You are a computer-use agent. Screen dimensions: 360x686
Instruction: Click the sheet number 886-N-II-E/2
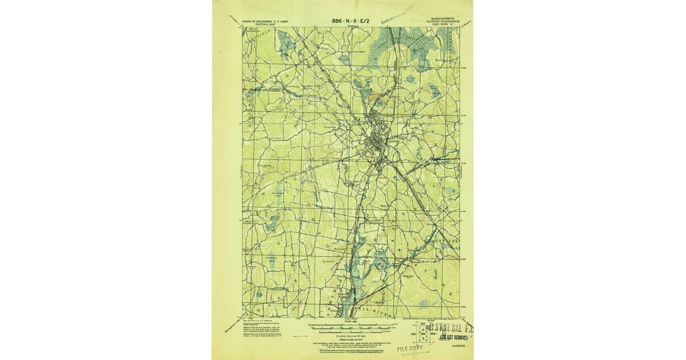pyautogui.click(x=351, y=21)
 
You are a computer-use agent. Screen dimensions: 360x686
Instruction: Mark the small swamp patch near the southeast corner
pyautogui.click(x=425, y=304)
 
